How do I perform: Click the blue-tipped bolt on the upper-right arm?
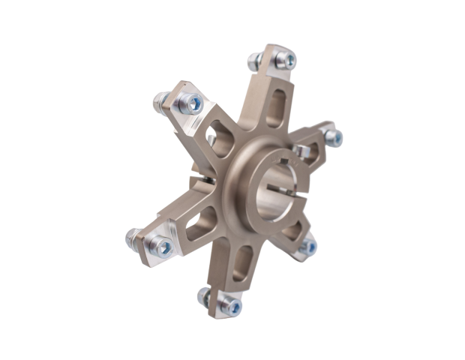[x=334, y=137]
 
